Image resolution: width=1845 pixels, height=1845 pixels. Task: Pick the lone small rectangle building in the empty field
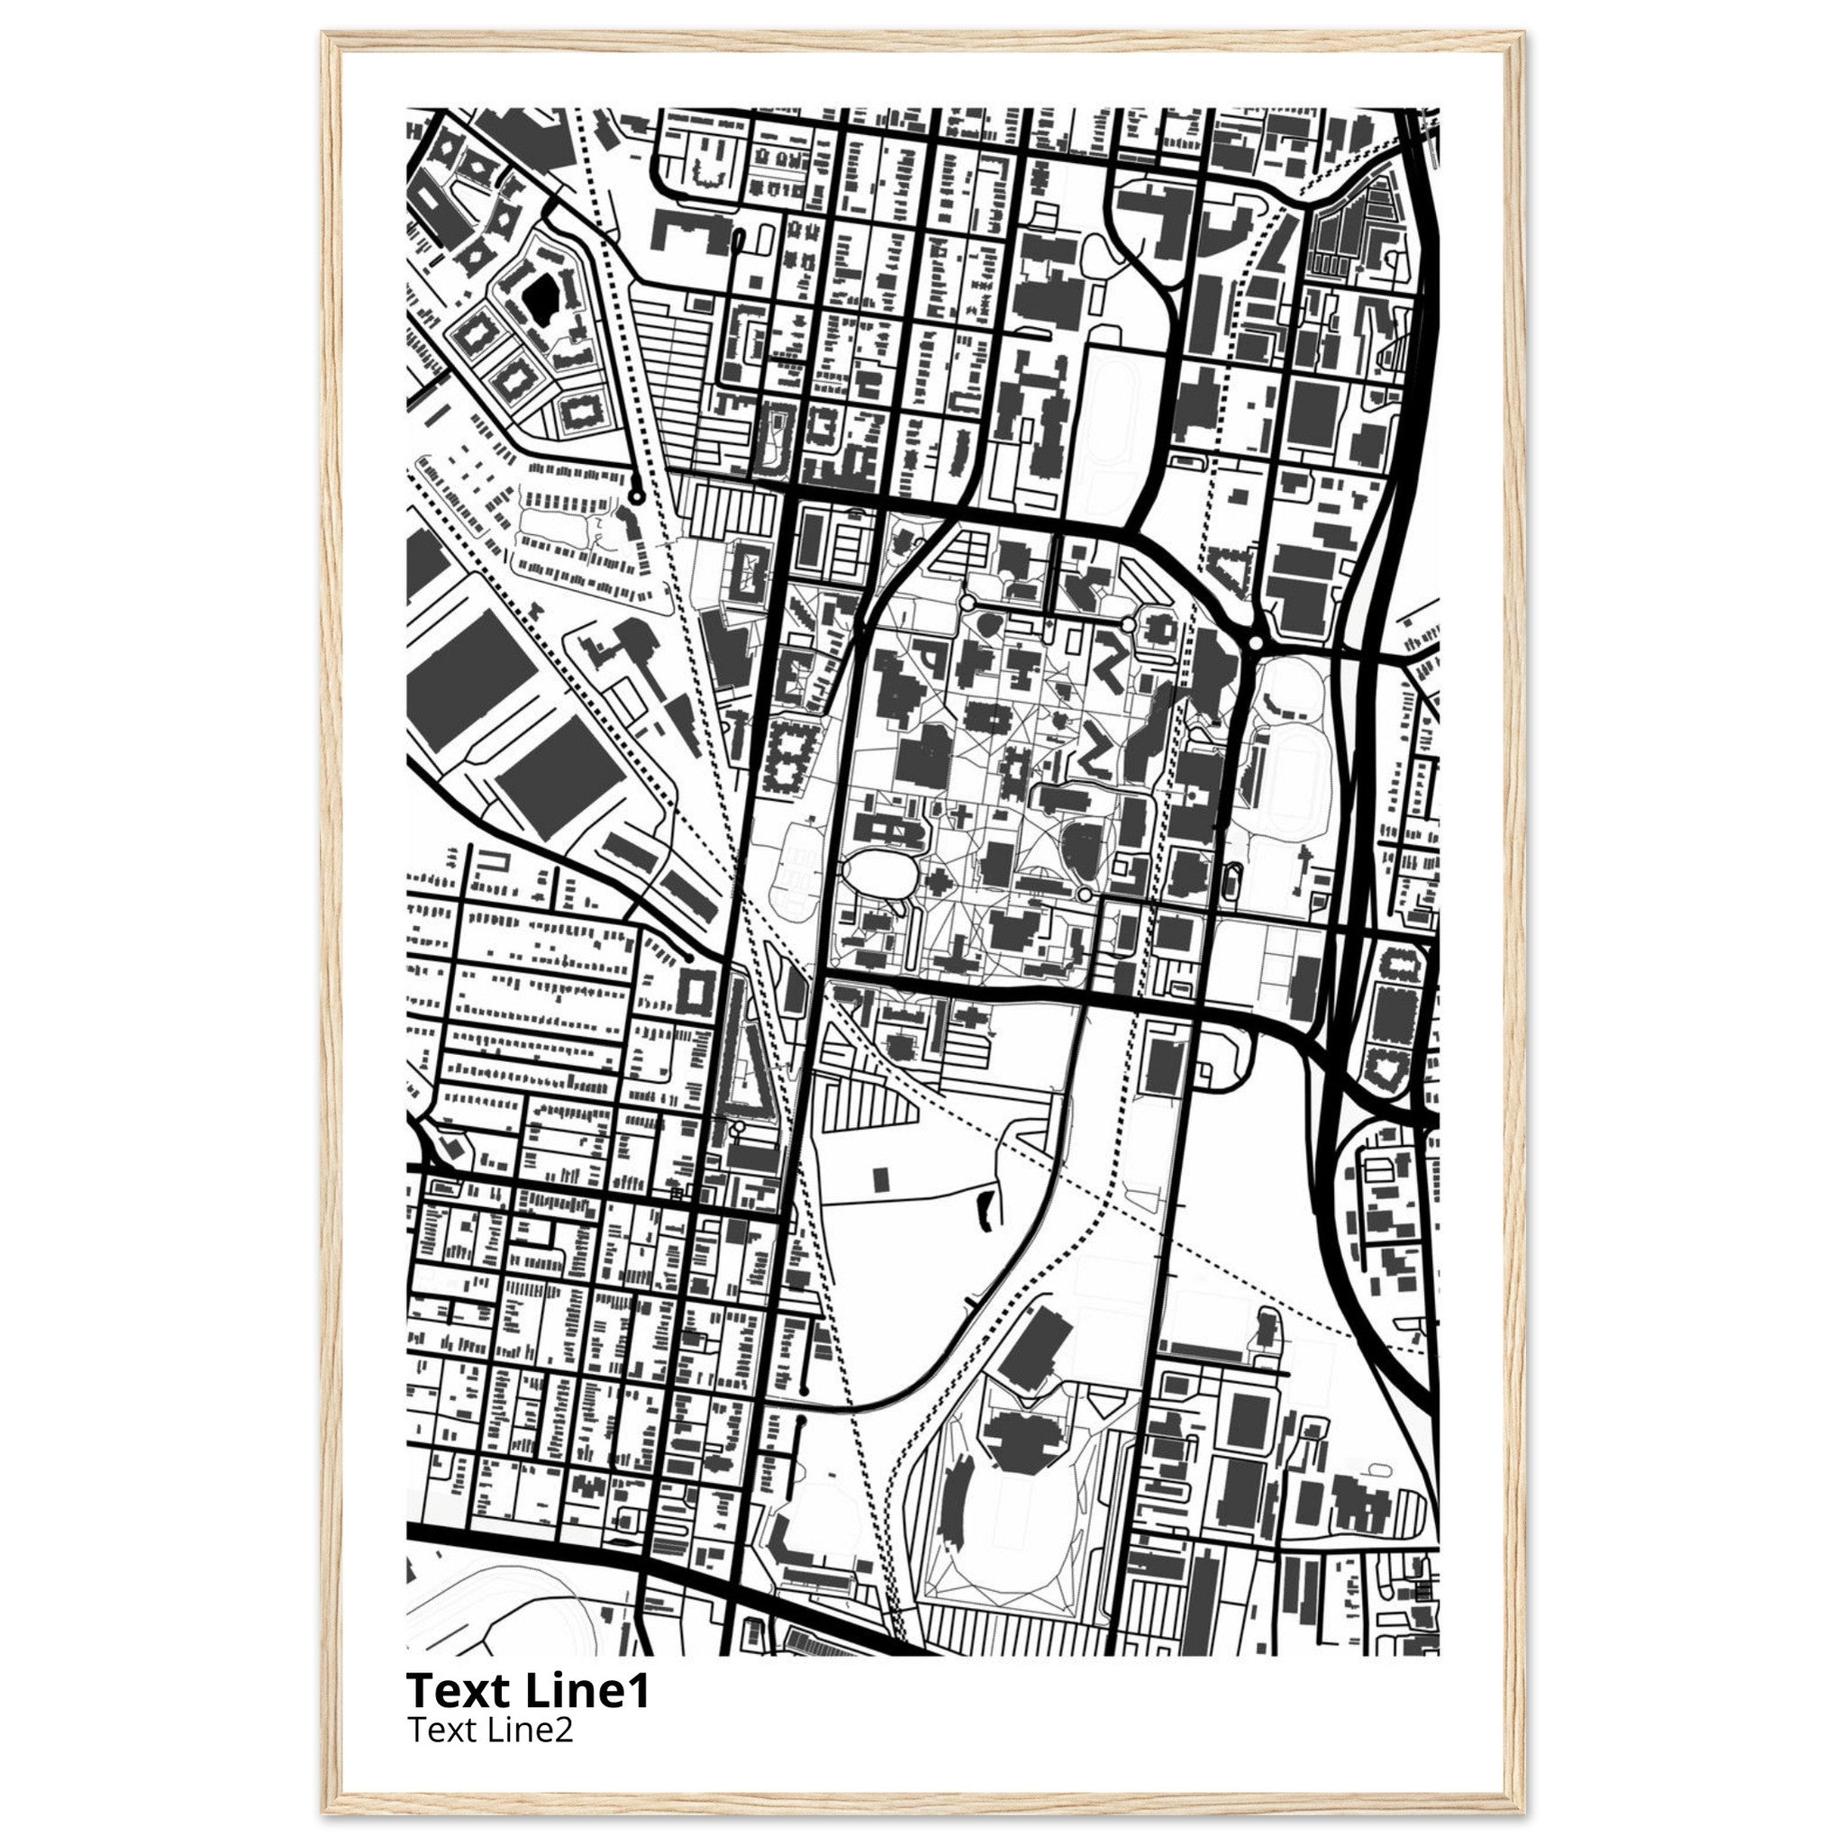click(x=881, y=1177)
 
